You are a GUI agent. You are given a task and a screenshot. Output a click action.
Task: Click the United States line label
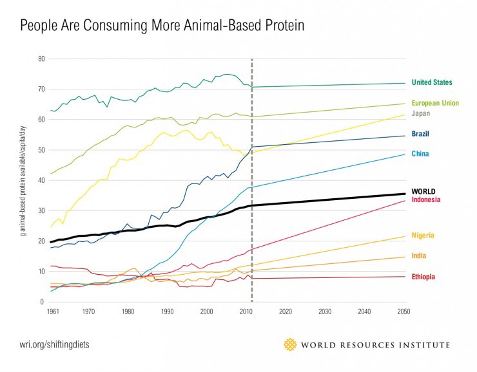(431, 82)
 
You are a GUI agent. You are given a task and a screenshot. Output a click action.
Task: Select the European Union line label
(436, 103)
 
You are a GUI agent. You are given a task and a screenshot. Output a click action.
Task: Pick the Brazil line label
(420, 134)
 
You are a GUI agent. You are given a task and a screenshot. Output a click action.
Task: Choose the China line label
(420, 154)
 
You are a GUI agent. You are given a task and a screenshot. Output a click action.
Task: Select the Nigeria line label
(422, 236)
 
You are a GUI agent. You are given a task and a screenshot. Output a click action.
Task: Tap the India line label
(418, 256)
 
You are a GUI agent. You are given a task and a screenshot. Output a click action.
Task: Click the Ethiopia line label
(424, 277)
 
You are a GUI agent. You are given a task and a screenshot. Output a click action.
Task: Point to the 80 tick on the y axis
(41, 59)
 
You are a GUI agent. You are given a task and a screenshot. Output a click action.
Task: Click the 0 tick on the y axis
(43, 302)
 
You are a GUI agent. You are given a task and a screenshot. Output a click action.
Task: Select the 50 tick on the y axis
(41, 150)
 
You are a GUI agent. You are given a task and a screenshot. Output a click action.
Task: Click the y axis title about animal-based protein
(23, 180)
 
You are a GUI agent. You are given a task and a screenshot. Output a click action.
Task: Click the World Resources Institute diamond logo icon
(290, 344)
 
